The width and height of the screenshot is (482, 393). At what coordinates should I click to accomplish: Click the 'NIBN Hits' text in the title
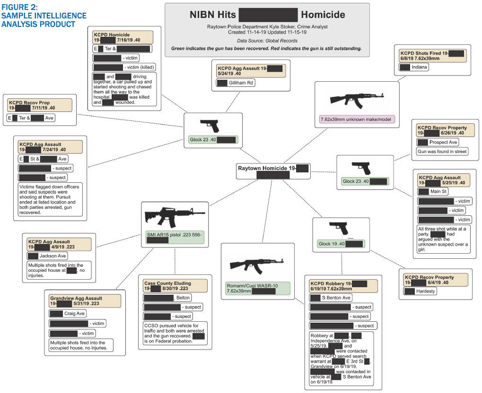coord(211,15)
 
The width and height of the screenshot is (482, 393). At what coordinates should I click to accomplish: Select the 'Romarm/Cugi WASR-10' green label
coord(256,288)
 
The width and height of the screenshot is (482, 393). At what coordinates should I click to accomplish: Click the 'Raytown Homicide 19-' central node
coord(273,171)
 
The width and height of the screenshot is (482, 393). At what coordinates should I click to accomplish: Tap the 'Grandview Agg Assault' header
coord(83,301)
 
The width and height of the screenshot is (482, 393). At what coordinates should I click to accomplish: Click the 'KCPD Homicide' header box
coord(123,37)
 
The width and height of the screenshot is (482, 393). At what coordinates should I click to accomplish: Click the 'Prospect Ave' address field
coord(438,142)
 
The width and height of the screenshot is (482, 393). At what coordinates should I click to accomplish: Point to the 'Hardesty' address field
coord(420,291)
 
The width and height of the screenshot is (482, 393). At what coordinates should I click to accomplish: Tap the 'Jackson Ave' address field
coord(47,256)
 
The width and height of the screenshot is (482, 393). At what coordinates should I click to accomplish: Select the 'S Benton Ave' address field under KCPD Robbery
coord(331,298)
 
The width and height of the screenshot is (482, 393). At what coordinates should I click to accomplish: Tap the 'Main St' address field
coord(433,191)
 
